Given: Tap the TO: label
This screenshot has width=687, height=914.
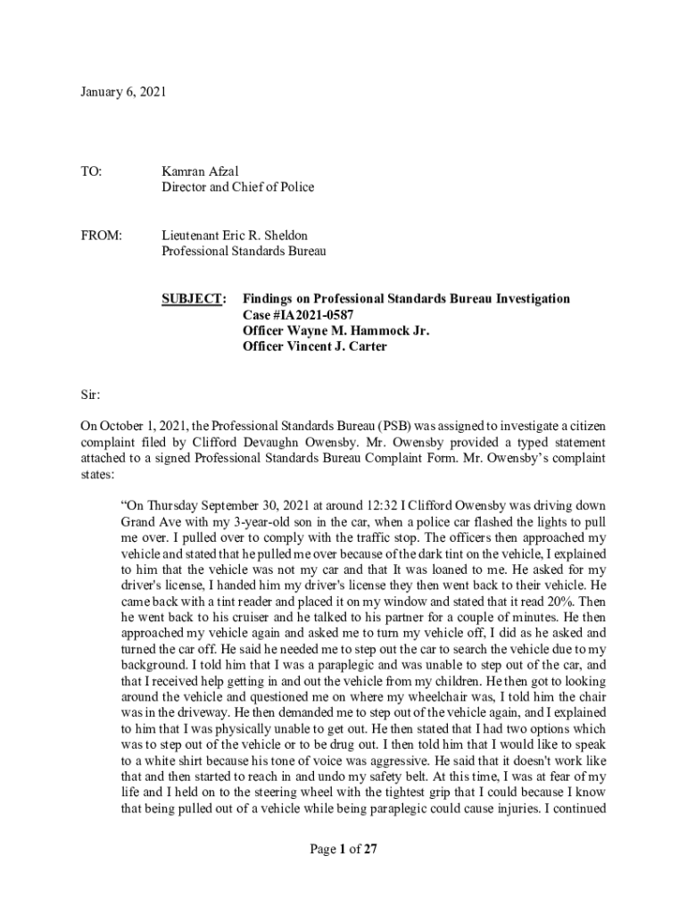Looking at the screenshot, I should click(91, 170).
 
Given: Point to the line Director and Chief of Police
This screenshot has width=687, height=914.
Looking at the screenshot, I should click(237, 187).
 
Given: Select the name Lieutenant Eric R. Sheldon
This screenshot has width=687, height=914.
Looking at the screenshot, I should click(235, 236).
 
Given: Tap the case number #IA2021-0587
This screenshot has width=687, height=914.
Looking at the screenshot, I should click(312, 315).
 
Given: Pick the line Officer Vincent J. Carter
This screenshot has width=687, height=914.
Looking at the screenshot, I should click(314, 347).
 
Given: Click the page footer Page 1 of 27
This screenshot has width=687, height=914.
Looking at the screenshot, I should click(343, 850).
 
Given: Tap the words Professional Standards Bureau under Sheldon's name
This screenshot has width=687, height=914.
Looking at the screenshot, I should click(244, 252).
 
